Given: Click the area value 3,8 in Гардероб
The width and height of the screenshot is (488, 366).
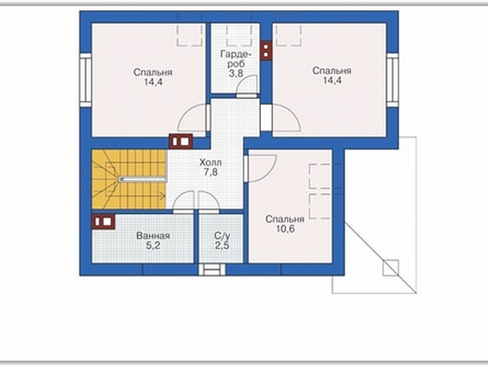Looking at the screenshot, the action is [236, 73].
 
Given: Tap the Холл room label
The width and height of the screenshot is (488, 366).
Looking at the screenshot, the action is [210, 162].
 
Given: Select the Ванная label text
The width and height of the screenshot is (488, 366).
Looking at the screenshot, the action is [153, 236].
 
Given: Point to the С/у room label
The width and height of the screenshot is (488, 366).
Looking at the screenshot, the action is [222, 236].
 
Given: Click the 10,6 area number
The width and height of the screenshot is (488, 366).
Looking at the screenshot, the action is [285, 229].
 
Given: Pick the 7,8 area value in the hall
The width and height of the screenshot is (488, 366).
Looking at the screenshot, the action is [211, 172].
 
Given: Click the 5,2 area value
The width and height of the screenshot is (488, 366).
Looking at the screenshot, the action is [153, 245].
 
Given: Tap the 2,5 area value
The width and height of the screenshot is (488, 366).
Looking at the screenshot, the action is [222, 245].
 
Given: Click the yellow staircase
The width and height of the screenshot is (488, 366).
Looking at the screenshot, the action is [129, 179].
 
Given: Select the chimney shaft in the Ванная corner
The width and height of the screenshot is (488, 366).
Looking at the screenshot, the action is [103, 221].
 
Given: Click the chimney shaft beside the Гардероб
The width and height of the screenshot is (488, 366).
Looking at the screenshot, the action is [266, 51].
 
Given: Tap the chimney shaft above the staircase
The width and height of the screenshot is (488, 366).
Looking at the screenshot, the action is [181, 141].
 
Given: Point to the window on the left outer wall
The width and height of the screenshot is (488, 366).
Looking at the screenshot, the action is [85, 80].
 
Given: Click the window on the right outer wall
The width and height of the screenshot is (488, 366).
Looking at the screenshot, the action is [393, 80].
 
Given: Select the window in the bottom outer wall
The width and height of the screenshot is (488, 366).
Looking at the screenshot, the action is [212, 269].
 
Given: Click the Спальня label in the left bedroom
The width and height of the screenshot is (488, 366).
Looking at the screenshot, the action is [153, 72].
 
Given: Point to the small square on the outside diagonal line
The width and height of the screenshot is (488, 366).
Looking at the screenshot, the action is [390, 268].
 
